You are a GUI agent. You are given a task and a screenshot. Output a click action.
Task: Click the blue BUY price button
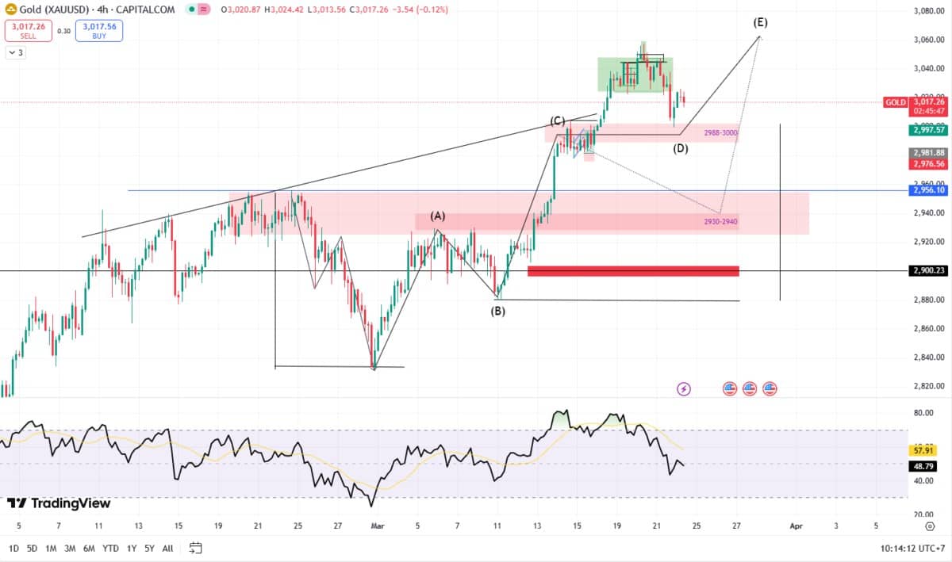99,30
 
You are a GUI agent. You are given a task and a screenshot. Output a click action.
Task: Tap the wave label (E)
760,22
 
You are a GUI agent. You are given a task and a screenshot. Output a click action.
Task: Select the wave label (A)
438,216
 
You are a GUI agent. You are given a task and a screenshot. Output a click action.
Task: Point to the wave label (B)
497,311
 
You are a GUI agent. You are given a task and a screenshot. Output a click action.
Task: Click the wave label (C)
558,120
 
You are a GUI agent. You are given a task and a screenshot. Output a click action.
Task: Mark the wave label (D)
680,148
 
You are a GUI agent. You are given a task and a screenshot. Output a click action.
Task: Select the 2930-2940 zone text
720,222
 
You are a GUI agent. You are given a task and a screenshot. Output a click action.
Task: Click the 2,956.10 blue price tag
927,190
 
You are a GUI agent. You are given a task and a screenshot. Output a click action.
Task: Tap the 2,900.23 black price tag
927,270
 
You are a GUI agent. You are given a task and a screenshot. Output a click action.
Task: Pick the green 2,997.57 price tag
928,129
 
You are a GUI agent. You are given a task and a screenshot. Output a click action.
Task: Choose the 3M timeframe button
70,548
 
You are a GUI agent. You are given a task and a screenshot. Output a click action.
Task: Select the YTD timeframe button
111,548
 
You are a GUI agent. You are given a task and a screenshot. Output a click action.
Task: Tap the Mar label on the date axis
378,526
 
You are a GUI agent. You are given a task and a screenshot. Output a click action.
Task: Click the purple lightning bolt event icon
684,388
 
